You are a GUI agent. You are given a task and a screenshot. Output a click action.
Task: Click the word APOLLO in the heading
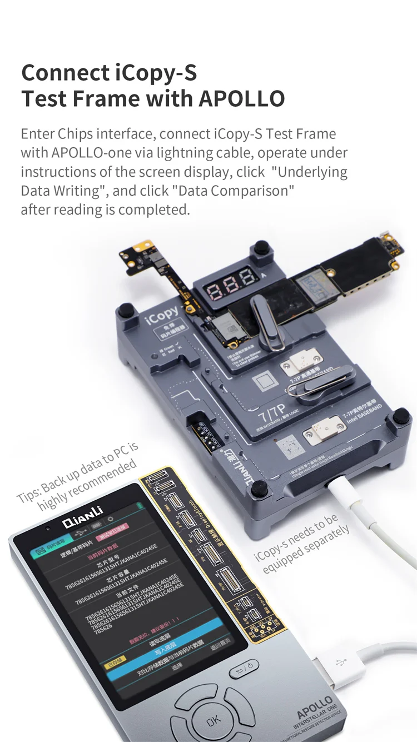click(241, 98)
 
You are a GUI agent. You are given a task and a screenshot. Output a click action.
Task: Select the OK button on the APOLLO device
click(213, 721)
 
